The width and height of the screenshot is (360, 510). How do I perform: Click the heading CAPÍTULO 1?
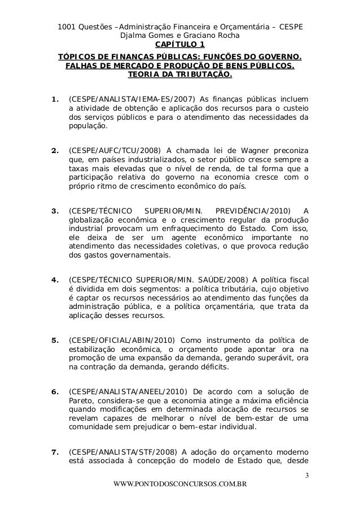pyautogui.click(x=180, y=45)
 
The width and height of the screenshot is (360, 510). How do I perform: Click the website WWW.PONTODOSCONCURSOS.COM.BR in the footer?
pyautogui.click(x=180, y=485)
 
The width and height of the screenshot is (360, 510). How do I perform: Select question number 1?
pyautogui.click(x=54, y=101)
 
